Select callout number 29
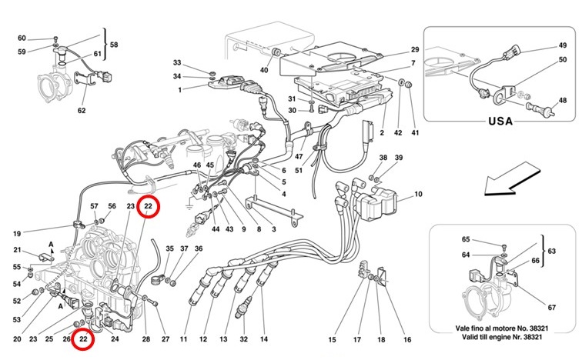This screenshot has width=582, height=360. tap(414, 48)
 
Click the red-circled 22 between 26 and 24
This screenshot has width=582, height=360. tap(83, 338)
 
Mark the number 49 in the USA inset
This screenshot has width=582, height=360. tap(562, 45)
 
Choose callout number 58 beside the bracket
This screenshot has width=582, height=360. tap(113, 45)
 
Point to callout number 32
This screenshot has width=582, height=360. tap(243, 339)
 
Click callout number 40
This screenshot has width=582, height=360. tap(263, 70)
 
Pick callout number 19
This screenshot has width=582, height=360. tap(17, 233)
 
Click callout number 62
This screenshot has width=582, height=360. tap(82, 110)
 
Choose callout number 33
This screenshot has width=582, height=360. tap(176, 62)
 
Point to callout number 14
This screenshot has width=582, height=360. tap(263, 339)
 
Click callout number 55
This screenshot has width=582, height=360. tap(17, 267)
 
